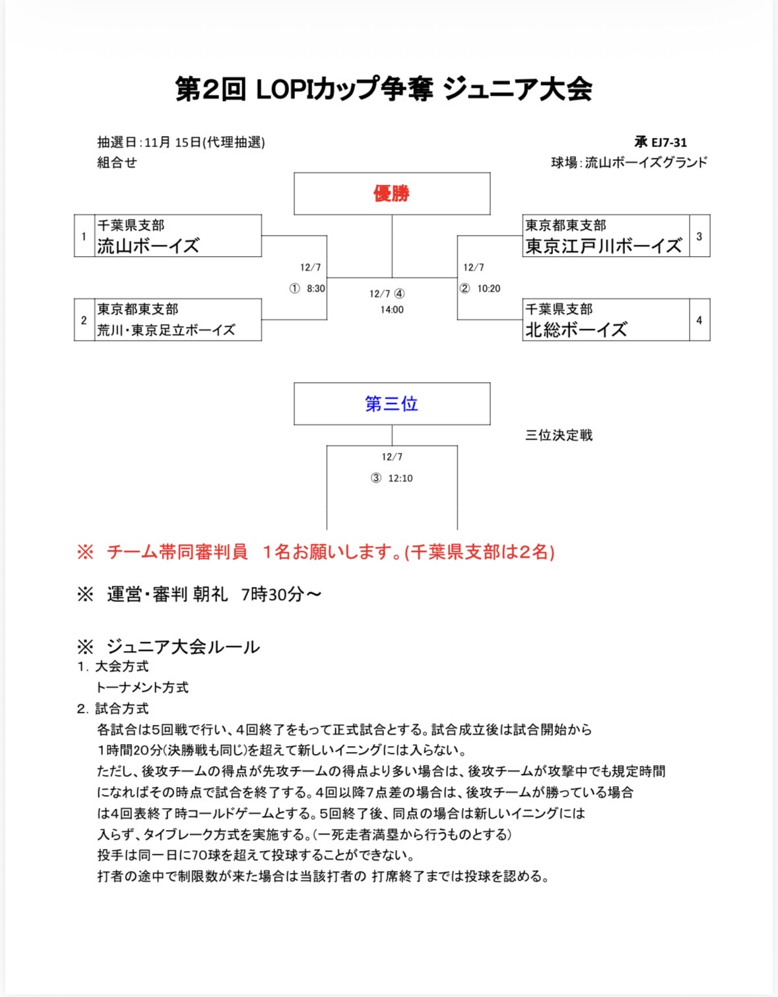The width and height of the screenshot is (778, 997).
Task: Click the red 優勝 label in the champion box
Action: (x=391, y=193)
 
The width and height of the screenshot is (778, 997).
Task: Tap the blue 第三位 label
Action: (x=391, y=403)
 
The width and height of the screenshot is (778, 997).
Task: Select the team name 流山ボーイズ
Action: (x=148, y=246)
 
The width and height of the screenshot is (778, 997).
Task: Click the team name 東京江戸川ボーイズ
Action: (x=603, y=246)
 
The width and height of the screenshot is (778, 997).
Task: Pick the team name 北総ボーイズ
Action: (x=576, y=329)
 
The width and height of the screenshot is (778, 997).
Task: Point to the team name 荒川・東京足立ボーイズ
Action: (x=166, y=330)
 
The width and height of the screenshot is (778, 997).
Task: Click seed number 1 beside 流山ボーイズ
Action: (x=84, y=236)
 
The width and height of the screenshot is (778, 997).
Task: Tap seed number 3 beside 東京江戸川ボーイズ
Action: (x=699, y=236)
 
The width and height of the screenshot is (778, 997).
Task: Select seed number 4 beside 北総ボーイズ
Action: (x=699, y=320)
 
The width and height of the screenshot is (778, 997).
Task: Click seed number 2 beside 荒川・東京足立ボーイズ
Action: (x=84, y=320)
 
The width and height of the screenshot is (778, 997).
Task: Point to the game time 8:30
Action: (x=316, y=289)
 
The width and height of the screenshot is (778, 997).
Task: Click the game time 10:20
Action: (x=489, y=289)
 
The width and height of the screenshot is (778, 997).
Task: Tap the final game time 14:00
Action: (x=392, y=310)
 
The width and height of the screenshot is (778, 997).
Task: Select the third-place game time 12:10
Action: (x=401, y=478)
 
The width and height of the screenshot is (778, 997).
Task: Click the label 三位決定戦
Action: (x=559, y=435)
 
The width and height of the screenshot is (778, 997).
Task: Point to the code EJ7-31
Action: (x=669, y=142)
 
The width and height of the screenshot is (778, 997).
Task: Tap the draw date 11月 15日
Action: (x=173, y=142)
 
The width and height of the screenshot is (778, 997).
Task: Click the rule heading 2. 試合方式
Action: (x=113, y=708)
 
